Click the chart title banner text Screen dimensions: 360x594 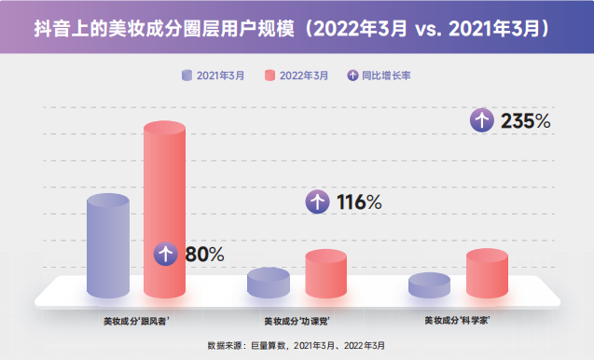[297, 29]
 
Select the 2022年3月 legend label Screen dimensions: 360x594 [304, 76]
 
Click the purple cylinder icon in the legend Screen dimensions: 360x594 [187, 76]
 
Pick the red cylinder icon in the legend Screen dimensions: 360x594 [271, 76]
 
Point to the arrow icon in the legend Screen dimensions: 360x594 [351, 76]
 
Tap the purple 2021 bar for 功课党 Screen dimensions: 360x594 [269, 283]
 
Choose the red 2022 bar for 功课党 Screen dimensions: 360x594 [325, 273]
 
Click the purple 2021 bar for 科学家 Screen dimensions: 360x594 [429, 285]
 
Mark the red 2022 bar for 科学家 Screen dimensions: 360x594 [486, 273]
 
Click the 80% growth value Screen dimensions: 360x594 [203, 254]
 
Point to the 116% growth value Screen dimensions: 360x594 [359, 201]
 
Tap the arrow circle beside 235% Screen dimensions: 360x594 [481, 120]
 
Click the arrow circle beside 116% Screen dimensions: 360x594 [318, 201]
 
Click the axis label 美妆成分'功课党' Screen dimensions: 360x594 [297, 321]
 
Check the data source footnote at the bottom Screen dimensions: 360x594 [296, 345]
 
